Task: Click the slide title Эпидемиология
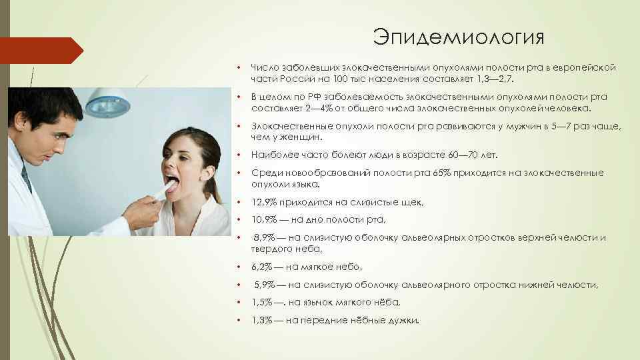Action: (459, 37)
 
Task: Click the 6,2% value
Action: (262, 267)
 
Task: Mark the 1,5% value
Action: (262, 303)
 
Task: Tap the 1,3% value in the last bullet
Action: (262, 321)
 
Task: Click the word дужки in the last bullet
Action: (403, 321)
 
